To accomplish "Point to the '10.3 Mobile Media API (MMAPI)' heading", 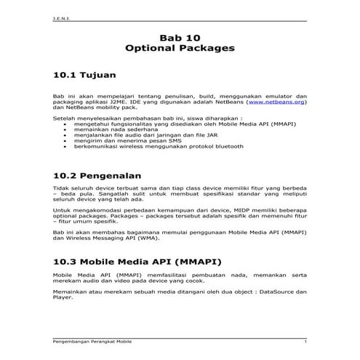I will point(134,260).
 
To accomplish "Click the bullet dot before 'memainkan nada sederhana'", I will point(66,129).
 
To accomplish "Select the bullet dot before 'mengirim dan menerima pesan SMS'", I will point(66,140).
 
